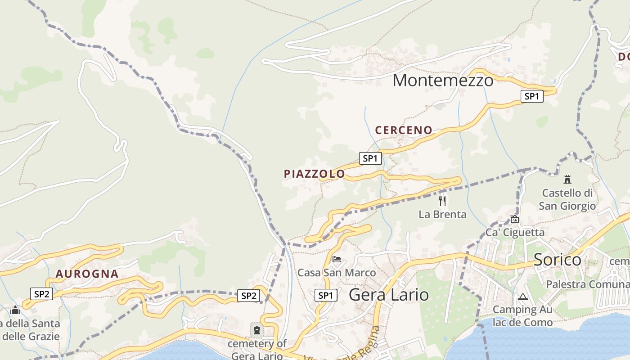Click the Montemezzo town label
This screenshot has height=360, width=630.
coord(443,81)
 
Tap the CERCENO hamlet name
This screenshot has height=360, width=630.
coord(404,130)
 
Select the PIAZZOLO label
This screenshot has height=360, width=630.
coord(314,174)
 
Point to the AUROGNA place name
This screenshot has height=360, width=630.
coord(87,274)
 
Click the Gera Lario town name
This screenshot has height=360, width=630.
coord(389,295)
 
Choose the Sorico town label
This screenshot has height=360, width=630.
coord(557,260)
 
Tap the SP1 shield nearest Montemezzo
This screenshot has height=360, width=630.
coord(531,96)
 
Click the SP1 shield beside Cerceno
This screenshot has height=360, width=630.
coord(370,158)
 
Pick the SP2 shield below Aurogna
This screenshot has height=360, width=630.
coord(41,294)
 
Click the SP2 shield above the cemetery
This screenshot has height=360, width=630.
coord(248,296)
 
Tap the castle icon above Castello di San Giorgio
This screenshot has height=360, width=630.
coord(567,180)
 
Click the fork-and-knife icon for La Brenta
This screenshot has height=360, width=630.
coord(442,201)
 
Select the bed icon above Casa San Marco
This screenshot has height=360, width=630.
coord(336,259)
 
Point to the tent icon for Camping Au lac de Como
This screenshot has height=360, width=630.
coord(522,297)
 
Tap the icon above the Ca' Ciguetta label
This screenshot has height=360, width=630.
coord(514,220)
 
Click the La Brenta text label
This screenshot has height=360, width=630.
coord(442,215)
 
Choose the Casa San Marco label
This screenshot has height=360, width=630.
coord(336,273)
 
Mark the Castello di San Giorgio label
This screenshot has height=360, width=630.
coord(567,199)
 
